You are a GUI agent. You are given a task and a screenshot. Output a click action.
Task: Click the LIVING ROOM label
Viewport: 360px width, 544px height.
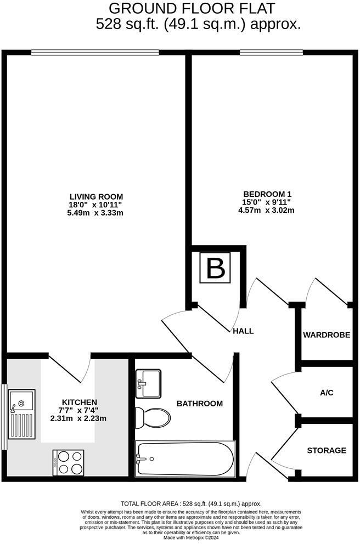[x=96, y=196]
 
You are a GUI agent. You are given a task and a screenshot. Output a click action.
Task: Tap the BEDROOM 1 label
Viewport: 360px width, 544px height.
[x=267, y=194]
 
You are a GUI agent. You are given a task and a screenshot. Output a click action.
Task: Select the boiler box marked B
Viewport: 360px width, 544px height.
[x=216, y=269]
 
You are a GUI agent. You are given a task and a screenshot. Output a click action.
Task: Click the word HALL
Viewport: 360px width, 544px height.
[x=243, y=331]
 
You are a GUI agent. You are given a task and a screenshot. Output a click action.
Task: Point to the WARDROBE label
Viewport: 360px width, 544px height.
[x=327, y=335]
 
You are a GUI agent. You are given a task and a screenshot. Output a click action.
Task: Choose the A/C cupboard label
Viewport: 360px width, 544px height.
[x=327, y=393]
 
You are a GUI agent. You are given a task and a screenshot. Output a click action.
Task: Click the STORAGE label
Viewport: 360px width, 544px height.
[x=327, y=450]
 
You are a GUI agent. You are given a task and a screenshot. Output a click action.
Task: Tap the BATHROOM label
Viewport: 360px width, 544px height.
[x=200, y=404]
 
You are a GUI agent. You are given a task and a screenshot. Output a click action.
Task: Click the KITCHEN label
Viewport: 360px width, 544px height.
[x=80, y=402]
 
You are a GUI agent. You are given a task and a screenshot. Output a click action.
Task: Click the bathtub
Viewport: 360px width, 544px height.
[x=185, y=458]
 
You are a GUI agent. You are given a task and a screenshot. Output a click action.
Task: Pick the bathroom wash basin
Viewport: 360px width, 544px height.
[x=148, y=383]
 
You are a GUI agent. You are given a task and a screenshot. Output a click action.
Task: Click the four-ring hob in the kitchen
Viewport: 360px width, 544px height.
[x=69, y=462]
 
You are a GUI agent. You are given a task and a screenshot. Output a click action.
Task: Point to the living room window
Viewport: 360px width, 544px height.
[x=95, y=53]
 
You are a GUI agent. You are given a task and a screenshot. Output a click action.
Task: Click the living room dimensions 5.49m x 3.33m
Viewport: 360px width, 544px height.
[x=96, y=213]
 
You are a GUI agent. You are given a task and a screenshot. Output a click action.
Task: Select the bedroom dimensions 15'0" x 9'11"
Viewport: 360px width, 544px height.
[x=267, y=202]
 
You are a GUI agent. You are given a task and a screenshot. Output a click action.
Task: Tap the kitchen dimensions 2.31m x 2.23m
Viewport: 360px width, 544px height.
[x=80, y=418]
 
